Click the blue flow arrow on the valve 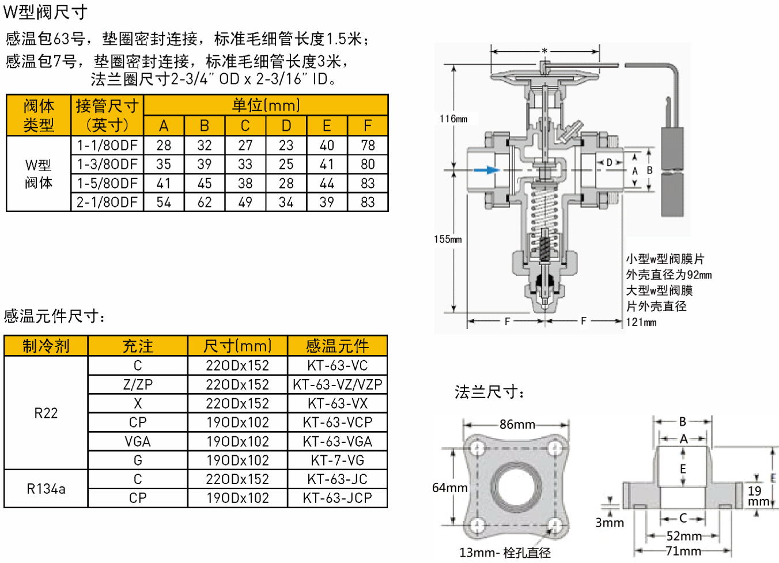click(x=487, y=169)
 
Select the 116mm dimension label click(x=453, y=119)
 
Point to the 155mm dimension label click(x=448, y=239)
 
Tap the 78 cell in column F click(x=368, y=145)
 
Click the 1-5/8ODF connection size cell click(x=107, y=183)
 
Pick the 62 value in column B click(x=205, y=202)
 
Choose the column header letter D click(x=286, y=126)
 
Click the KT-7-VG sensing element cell click(x=337, y=460)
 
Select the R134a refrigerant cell click(x=46, y=489)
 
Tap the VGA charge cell click(x=138, y=441)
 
